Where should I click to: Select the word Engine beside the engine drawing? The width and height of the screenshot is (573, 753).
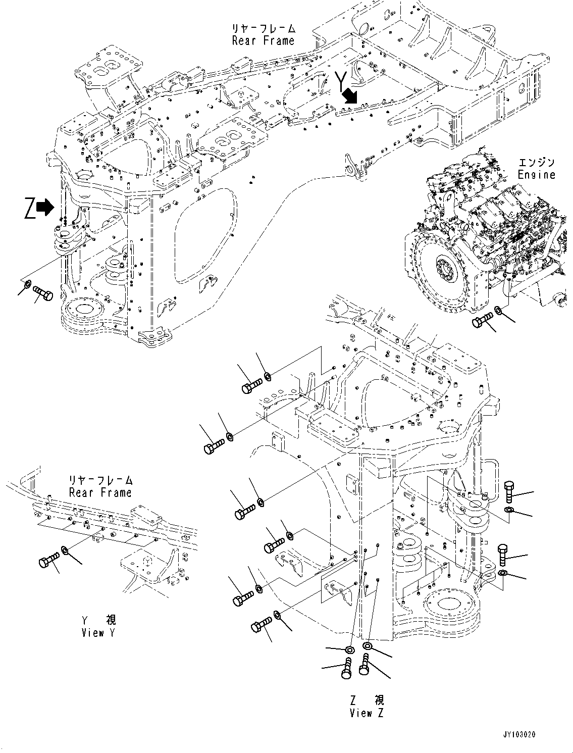pos(536,175)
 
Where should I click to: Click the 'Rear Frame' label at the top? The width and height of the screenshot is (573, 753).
pos(263,40)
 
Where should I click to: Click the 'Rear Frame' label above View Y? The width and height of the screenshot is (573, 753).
pos(100,492)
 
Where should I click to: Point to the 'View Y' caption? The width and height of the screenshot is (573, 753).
pos(98,632)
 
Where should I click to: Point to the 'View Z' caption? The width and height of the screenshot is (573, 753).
pos(367,713)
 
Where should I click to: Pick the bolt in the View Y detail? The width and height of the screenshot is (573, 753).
pos(49,560)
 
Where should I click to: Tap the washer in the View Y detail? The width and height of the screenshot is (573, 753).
pos(65,549)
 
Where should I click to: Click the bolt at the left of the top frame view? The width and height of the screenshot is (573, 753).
pos(43,293)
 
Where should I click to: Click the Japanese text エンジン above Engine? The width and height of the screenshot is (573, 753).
pos(536,162)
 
